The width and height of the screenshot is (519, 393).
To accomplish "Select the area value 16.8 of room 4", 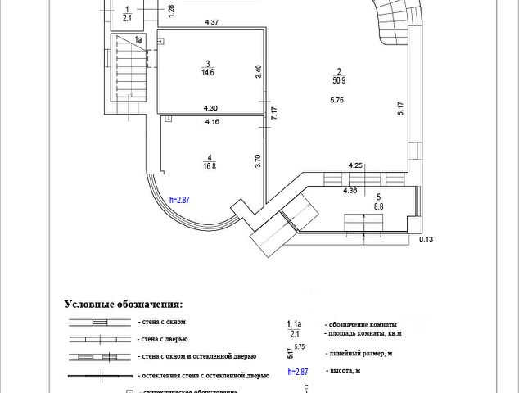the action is [x=210, y=166].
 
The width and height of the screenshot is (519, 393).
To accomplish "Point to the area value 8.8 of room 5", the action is [x=379, y=207].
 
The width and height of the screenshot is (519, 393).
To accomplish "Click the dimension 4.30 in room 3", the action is [x=210, y=108].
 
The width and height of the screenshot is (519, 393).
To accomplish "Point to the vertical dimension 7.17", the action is [x=274, y=113].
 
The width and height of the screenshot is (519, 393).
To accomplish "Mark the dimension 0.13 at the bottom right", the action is [x=426, y=241].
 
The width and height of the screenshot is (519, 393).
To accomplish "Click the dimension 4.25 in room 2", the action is [x=356, y=165].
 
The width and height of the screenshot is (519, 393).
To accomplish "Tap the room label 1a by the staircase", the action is [x=139, y=39].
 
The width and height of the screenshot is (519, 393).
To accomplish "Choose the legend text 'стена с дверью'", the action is [x=164, y=338].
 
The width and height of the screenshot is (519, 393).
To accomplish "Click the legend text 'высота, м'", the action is [x=343, y=371].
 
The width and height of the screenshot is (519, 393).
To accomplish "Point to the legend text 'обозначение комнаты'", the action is [x=361, y=324].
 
